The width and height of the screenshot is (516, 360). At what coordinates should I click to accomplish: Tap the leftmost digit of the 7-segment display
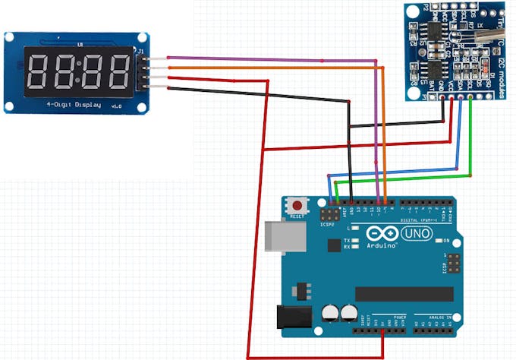point(39,72)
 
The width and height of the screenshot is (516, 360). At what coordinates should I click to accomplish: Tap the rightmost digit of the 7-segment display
point(117,72)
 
